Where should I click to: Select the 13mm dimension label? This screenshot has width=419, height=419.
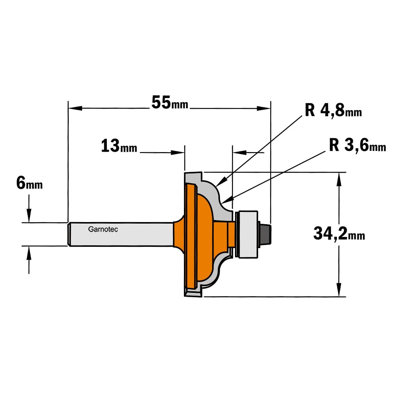click(x=119, y=146)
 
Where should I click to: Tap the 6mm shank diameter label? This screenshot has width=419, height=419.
click(x=29, y=184)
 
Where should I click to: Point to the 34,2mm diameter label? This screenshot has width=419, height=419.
click(x=339, y=233)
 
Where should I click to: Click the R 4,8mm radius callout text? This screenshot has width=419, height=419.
click(x=333, y=110)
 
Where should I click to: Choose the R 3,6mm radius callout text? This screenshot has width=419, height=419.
click(x=357, y=145)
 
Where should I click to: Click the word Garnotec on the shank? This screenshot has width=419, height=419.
click(x=103, y=229)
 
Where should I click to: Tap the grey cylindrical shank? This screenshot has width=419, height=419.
click(x=121, y=234)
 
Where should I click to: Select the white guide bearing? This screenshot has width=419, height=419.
click(x=248, y=234)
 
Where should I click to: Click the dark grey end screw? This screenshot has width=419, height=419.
click(x=266, y=234)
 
